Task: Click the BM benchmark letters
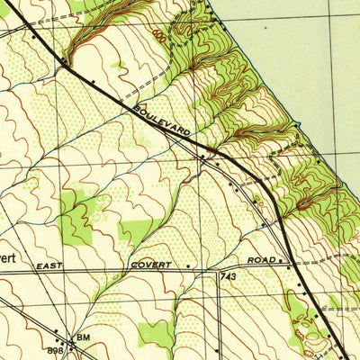[84, 337]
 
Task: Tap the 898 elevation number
[54, 349]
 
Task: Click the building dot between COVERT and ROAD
[188, 266]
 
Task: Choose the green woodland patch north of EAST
[77, 211]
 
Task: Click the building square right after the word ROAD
[282, 260]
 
